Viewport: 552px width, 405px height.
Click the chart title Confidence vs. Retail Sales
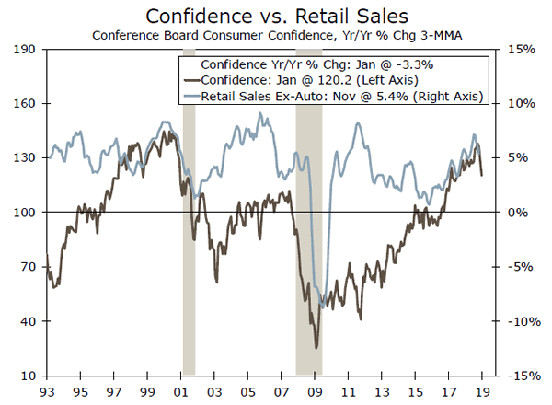pyautogui.click(x=277, y=16)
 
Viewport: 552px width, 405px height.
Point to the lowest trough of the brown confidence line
pyautogui.click(x=316, y=348)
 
